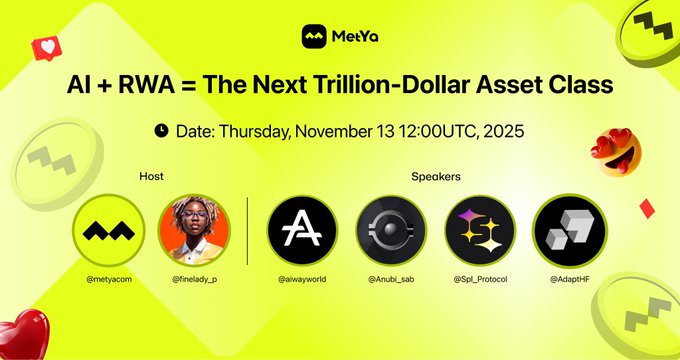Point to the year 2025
tap(500, 130)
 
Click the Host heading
tap(151, 177)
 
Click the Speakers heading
tap(436, 177)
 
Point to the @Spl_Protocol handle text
tap(479, 278)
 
